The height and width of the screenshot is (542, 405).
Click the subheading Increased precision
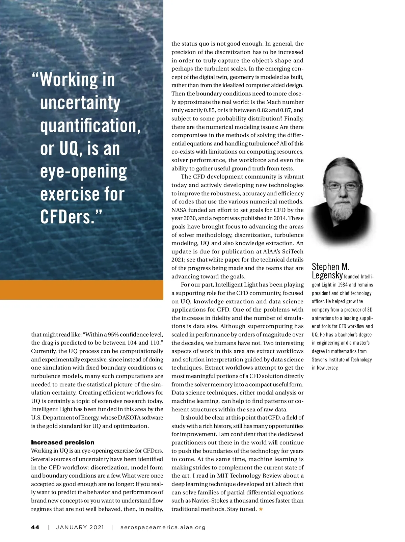63,442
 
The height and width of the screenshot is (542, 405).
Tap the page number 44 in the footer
35,527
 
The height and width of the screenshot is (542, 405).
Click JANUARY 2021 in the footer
80,527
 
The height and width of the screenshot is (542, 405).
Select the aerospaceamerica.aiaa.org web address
163,527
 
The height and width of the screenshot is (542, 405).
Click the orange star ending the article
261,509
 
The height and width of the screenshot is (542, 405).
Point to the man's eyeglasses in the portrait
342,186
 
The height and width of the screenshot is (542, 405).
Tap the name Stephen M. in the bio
330,267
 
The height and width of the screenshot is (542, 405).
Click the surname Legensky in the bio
327,275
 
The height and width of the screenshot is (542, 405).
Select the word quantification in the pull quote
90,126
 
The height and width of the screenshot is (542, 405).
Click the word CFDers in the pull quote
66,217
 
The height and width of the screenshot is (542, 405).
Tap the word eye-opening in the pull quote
83,172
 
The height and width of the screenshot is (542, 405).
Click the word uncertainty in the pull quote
80,103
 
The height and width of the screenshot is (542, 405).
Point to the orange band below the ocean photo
82,290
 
